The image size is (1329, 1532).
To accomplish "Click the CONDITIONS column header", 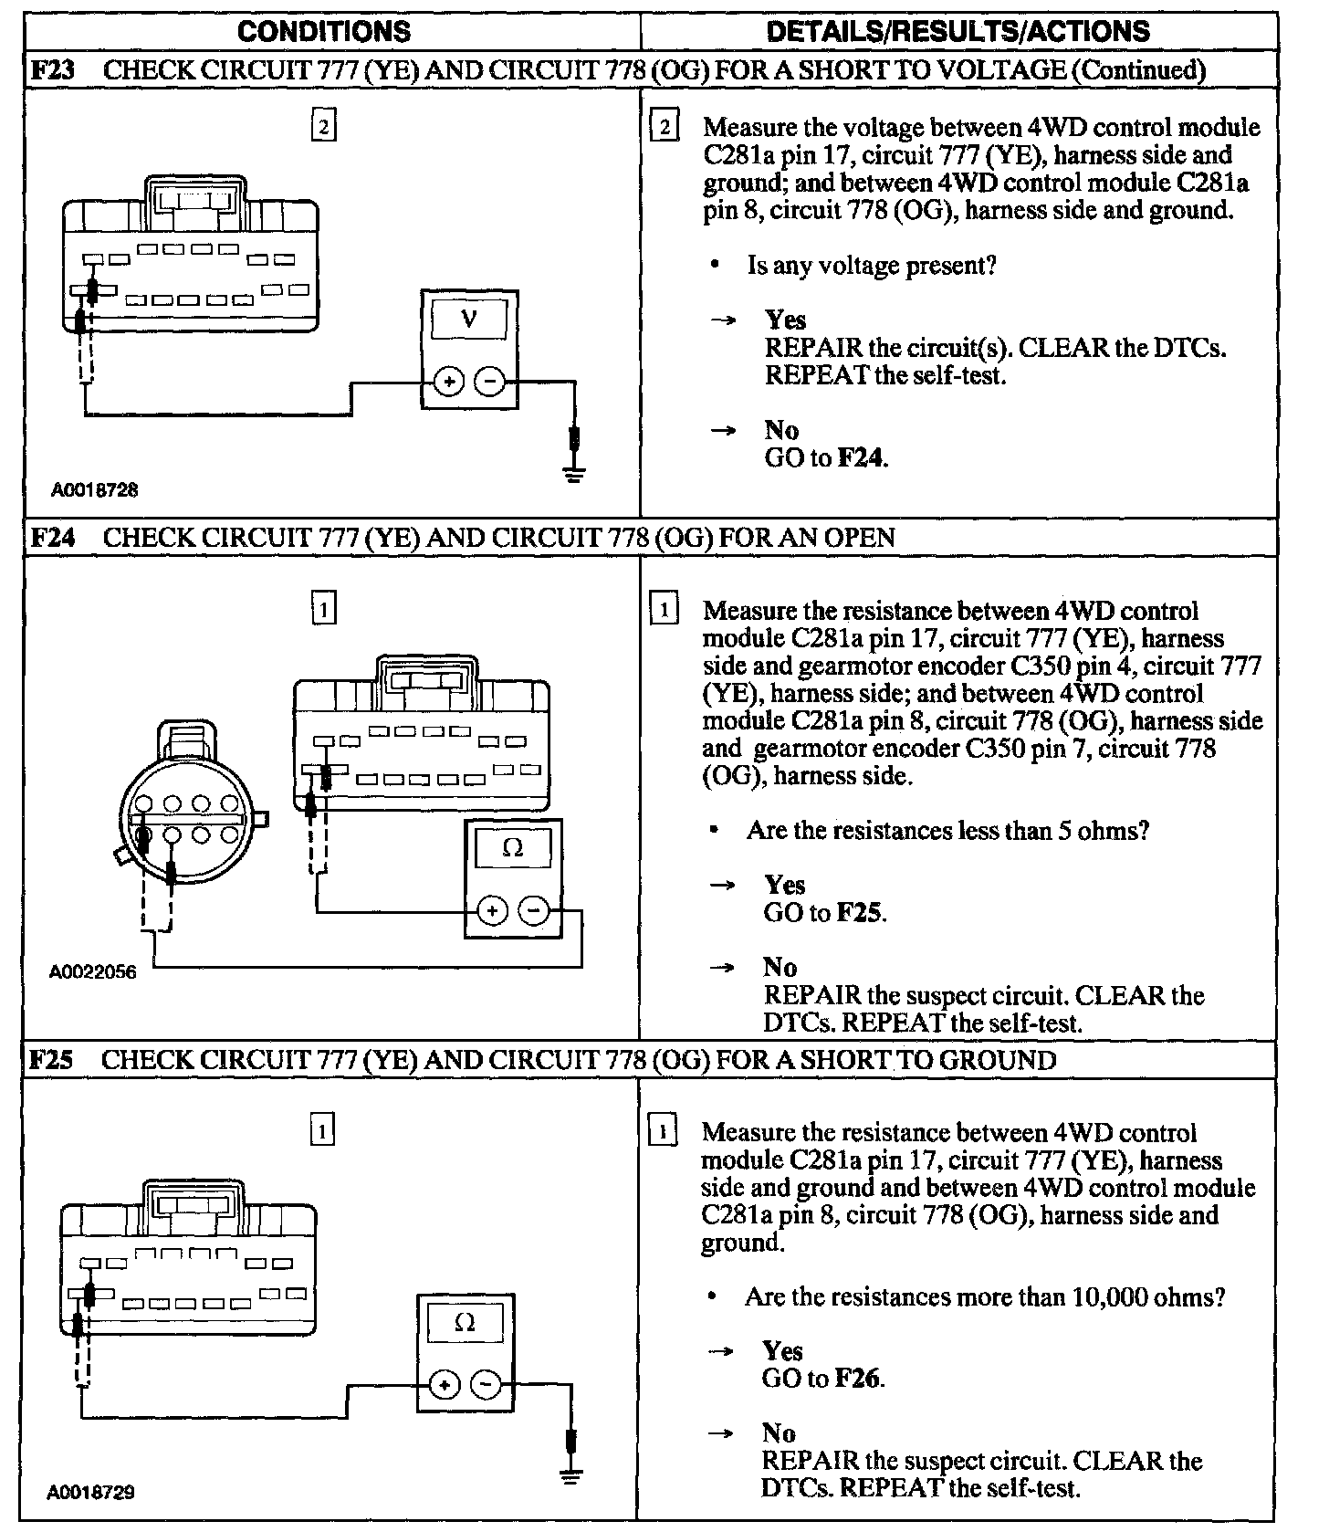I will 323,31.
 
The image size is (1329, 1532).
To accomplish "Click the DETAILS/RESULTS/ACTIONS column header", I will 958,31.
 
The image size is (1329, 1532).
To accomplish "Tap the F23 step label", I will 51,70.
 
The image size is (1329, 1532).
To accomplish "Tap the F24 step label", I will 51,537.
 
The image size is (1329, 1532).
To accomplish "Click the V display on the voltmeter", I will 469,319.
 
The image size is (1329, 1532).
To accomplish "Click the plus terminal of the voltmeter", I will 447,382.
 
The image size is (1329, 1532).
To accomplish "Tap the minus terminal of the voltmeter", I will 491,382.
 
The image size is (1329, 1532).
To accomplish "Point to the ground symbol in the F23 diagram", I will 574,473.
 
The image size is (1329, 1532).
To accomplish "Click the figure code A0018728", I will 95,490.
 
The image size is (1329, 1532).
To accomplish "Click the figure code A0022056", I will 93,972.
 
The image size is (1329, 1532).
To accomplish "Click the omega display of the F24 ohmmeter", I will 513,849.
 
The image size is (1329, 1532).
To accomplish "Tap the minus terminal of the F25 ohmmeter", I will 486,1385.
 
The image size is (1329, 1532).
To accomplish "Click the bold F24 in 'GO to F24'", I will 862,457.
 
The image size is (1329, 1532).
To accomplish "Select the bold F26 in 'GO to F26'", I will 859,1379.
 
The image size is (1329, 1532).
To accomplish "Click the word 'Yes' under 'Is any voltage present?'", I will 785,320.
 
